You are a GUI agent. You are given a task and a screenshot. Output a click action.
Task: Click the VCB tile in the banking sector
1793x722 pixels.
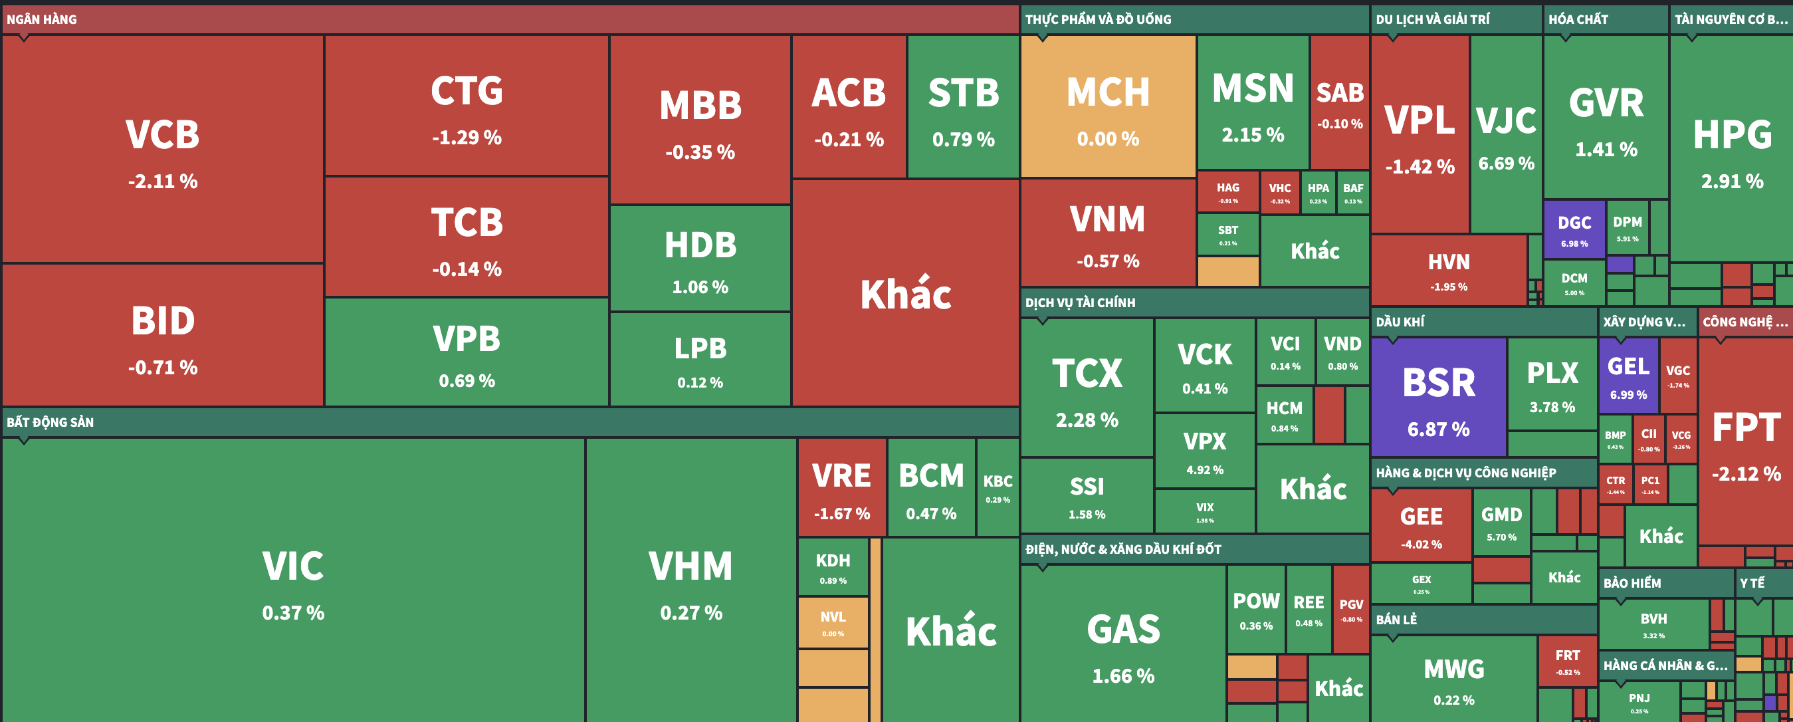162,149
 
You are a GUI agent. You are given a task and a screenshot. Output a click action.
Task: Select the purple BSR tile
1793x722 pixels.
1438,397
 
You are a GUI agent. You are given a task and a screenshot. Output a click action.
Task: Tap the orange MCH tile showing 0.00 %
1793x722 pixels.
1107,106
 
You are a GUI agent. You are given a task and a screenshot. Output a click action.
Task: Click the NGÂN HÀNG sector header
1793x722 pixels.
42,19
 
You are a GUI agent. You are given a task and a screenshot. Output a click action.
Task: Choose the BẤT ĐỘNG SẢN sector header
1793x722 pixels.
50,422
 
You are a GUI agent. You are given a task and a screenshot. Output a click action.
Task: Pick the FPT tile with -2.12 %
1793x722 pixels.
1746,442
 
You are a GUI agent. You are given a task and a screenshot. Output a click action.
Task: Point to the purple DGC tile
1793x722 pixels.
1574,230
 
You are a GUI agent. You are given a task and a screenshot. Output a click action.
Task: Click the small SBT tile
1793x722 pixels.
1228,235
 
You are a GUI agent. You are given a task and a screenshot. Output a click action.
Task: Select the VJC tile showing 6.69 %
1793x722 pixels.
1505,136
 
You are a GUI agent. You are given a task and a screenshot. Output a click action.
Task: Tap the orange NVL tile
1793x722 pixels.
833,622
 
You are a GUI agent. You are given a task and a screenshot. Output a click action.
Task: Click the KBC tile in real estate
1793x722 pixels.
998,487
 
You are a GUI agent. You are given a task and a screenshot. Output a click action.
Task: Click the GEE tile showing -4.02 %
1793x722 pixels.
1421,526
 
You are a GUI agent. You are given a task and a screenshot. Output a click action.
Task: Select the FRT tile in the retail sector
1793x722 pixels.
1568,661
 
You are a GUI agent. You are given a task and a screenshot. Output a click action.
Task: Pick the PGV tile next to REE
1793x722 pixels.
1351,609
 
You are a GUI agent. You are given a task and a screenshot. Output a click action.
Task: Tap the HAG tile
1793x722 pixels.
1228,191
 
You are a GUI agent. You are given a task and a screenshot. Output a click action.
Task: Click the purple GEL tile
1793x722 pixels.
1628,376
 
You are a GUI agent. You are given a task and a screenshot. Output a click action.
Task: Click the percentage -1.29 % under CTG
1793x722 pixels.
467,137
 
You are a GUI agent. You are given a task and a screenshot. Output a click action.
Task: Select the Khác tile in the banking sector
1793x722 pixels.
905,294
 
